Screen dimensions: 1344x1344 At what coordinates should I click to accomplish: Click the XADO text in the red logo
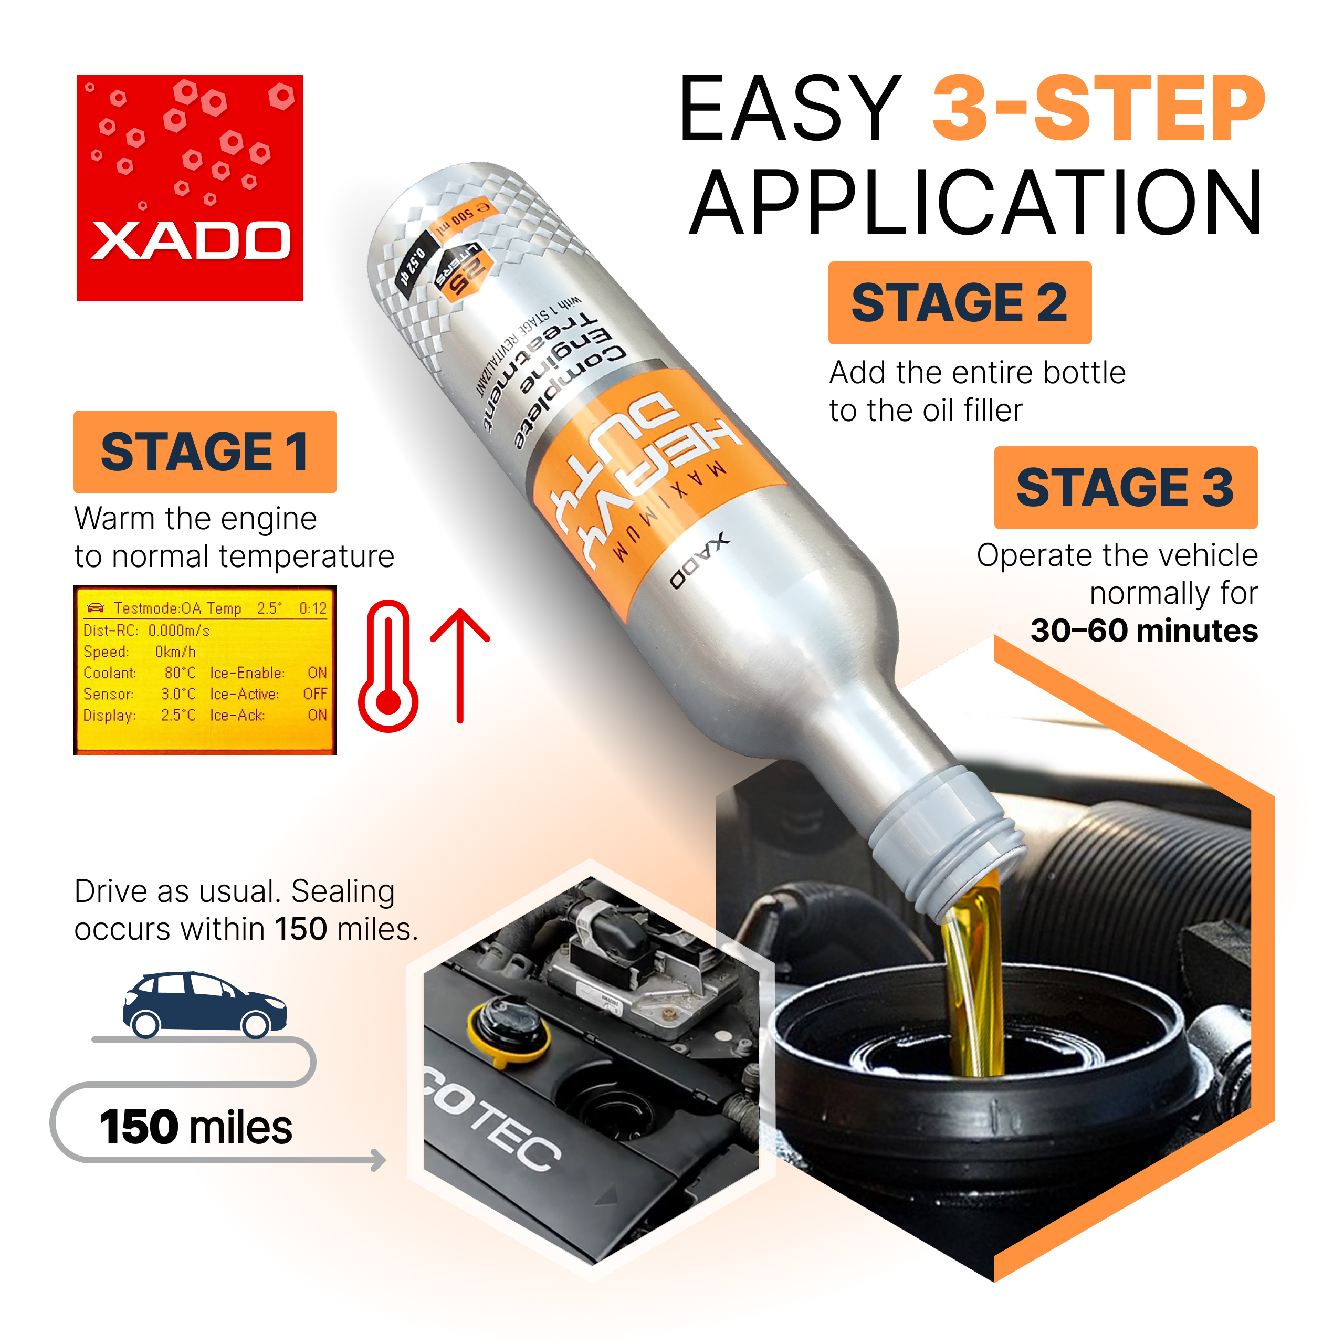(x=190, y=240)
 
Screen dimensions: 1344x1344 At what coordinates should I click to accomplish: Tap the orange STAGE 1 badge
(x=205, y=452)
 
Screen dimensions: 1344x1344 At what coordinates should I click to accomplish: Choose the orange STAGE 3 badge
(x=1125, y=488)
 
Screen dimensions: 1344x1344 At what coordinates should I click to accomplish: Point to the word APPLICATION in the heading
(x=975, y=203)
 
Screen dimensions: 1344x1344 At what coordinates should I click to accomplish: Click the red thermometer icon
(x=388, y=666)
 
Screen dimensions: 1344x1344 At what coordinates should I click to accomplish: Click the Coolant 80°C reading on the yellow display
(x=180, y=673)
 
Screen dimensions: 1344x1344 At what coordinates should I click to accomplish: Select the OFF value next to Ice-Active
(x=314, y=694)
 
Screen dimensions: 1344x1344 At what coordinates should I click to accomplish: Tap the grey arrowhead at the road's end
(x=379, y=1160)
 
